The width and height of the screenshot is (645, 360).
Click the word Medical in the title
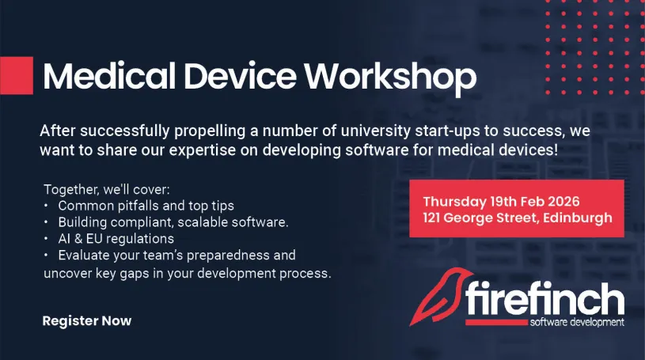(x=109, y=76)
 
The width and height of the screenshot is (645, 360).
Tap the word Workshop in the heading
(x=390, y=78)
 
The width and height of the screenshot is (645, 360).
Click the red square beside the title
(x=17, y=75)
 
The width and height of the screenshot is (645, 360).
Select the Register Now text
(x=87, y=321)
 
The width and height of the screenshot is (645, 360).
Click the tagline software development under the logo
(x=577, y=322)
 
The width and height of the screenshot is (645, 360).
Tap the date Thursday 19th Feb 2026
(x=501, y=202)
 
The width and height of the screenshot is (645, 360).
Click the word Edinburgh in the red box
(x=578, y=218)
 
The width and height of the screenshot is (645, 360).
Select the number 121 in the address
(x=431, y=218)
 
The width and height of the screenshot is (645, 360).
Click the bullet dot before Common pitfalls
(x=46, y=206)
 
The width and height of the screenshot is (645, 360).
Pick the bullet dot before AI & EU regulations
(x=46, y=239)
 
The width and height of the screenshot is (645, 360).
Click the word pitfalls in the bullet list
(x=143, y=206)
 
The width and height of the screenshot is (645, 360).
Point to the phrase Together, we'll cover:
(x=107, y=190)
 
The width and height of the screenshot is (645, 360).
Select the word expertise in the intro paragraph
(x=203, y=150)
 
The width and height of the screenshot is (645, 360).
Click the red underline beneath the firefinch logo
(x=497, y=323)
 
